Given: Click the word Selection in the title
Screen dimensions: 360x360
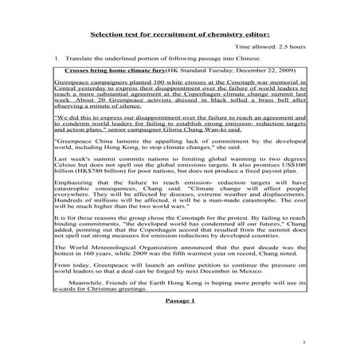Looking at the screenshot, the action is [x=109, y=35].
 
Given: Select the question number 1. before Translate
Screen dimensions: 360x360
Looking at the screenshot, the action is [x=57, y=61].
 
